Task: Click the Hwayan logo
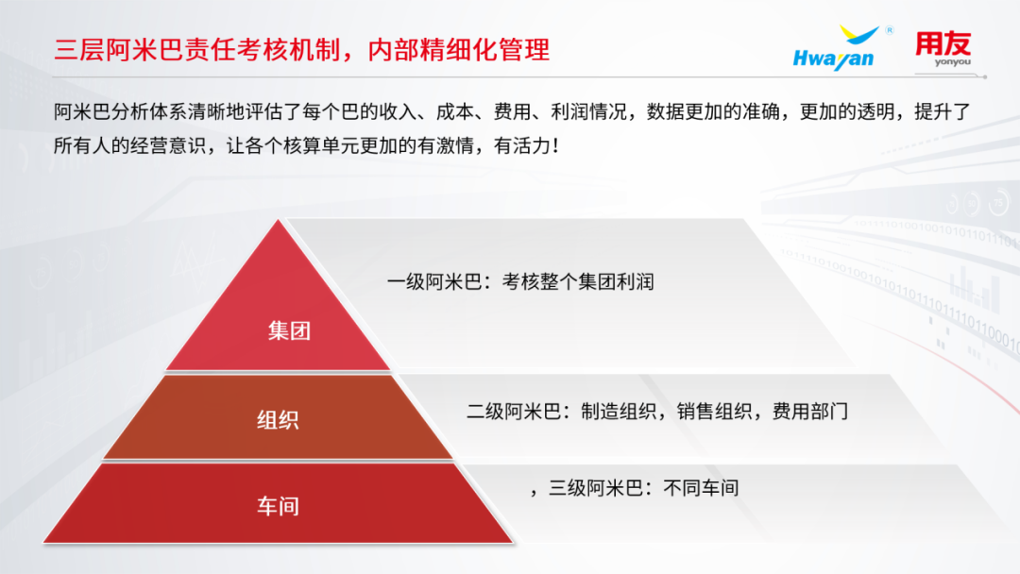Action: pyautogui.click(x=835, y=48)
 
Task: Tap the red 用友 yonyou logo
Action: pyautogui.click(x=943, y=49)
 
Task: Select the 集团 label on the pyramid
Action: pyautogui.click(x=290, y=330)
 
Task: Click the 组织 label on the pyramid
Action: pyautogui.click(x=278, y=420)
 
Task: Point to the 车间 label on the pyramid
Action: pyautogui.click(x=278, y=506)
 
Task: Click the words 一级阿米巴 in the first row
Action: pyautogui.click(x=433, y=282)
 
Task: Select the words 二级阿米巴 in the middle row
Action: pyautogui.click(x=514, y=412)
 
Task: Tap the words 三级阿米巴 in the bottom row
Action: pyautogui.click(x=596, y=487)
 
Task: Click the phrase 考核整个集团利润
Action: pyautogui.click(x=578, y=282)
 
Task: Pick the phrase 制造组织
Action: pyautogui.click(x=619, y=412)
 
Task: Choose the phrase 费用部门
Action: pyautogui.click(x=810, y=412)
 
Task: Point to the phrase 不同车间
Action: pyautogui.click(x=701, y=487)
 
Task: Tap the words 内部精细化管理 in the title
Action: pyautogui.click(x=459, y=49)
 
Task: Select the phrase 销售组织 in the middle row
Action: pyautogui.click(x=714, y=412)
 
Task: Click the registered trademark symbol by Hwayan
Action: pyautogui.click(x=890, y=30)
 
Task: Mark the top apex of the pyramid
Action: pyautogui.click(x=279, y=220)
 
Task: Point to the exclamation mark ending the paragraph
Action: pyautogui.click(x=555, y=145)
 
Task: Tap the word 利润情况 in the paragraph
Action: pyautogui.click(x=589, y=111)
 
